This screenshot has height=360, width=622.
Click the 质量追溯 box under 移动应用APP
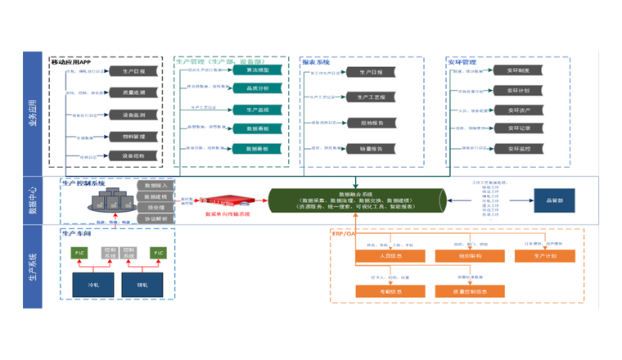coord(134,92)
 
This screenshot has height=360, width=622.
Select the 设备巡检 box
coord(134,155)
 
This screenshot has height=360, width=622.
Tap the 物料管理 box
coord(134,136)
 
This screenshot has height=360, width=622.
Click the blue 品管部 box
coord(553,199)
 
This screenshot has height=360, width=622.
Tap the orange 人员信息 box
coord(384,256)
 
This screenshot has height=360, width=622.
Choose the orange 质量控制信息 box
coord(463,290)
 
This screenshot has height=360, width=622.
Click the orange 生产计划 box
coord(542,256)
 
